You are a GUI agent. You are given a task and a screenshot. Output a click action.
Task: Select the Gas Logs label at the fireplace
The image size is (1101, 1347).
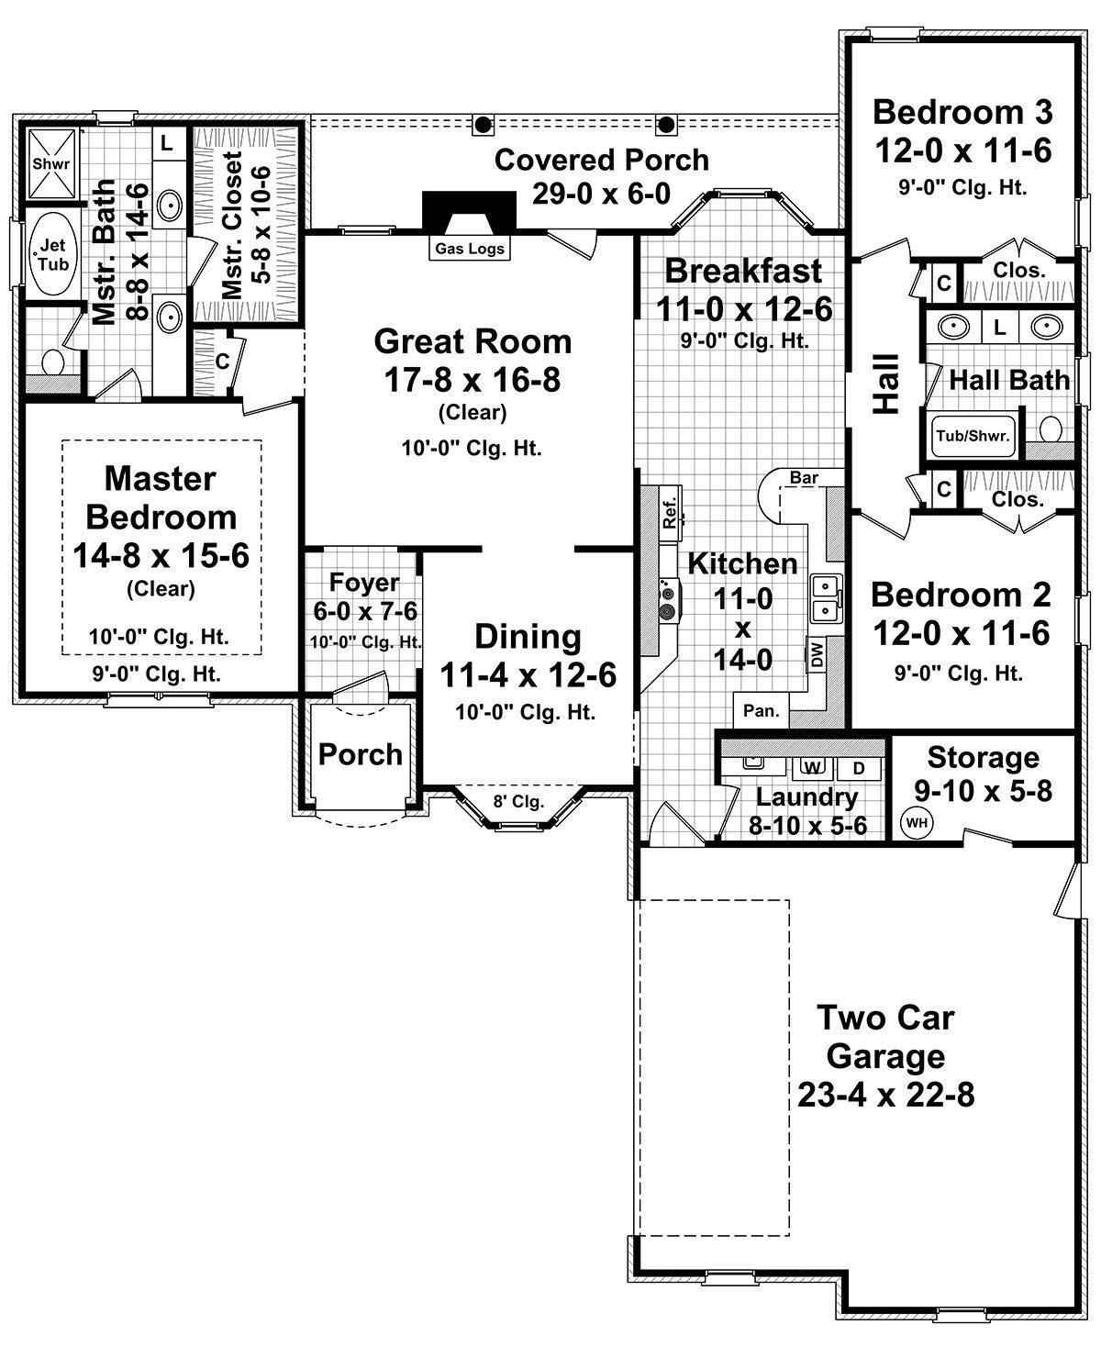(469, 248)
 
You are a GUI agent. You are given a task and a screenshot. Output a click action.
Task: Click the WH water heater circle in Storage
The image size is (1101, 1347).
(916, 822)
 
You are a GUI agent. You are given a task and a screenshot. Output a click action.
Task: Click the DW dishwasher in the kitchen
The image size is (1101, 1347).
(817, 654)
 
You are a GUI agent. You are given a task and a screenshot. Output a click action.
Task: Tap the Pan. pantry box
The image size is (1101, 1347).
(761, 709)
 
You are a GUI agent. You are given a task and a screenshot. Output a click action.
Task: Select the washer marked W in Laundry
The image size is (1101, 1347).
(811, 766)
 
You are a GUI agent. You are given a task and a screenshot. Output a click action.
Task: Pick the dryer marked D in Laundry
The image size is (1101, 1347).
(859, 766)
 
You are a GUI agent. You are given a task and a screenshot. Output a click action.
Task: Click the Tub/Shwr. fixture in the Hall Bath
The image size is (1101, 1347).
(973, 436)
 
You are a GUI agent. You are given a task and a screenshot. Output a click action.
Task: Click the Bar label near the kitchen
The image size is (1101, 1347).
(804, 477)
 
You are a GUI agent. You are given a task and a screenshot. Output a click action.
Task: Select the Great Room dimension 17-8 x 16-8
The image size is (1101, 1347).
(473, 380)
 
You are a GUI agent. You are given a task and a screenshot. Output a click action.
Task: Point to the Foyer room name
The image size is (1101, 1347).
(364, 583)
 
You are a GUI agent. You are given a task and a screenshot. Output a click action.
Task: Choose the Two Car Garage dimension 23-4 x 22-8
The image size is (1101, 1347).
(885, 1095)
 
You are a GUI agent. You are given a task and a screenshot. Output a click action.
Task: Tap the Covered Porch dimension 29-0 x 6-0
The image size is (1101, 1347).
(601, 194)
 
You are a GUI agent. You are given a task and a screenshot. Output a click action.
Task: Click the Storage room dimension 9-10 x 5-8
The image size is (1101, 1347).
(983, 790)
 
